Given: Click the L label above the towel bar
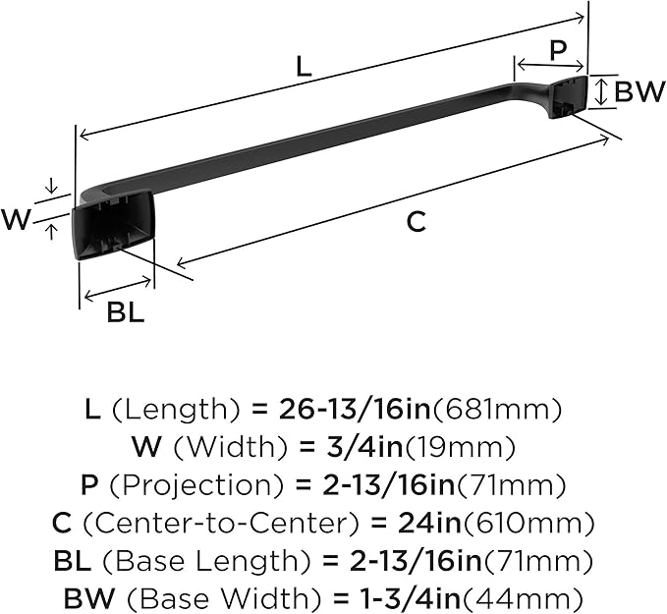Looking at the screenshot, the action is (304, 67).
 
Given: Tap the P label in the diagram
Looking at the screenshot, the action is (558, 50).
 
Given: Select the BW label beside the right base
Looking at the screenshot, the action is (639, 91).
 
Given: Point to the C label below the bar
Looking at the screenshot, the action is (417, 221).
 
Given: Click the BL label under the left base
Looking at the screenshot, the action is (126, 311).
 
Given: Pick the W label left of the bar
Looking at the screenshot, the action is (16, 220).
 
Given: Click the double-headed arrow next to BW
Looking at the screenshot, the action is (600, 91).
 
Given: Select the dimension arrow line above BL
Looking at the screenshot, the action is (118, 289).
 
